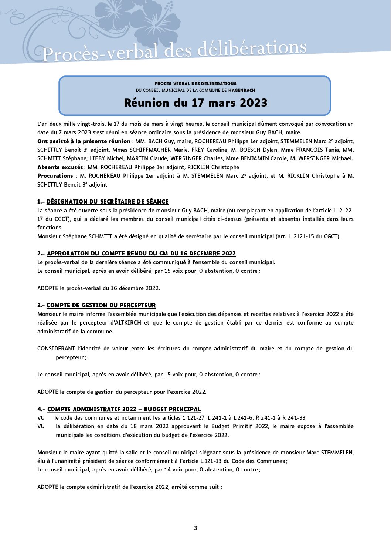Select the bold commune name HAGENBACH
tap(242, 90)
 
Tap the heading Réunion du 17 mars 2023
tap(195, 103)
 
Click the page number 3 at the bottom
tap(195, 528)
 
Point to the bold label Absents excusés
tap(60, 167)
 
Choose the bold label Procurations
tap(55, 176)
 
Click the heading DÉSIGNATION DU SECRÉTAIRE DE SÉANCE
tap(107, 202)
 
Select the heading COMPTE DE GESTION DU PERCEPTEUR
tap(101, 305)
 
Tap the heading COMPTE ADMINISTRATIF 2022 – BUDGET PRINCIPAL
tap(124, 409)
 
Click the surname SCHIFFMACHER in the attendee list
tap(150, 150)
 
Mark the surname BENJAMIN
tap(255, 158)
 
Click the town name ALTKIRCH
tap(128, 323)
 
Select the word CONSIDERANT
tap(56, 349)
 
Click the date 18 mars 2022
tap(149, 426)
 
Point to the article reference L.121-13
tap(211, 461)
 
